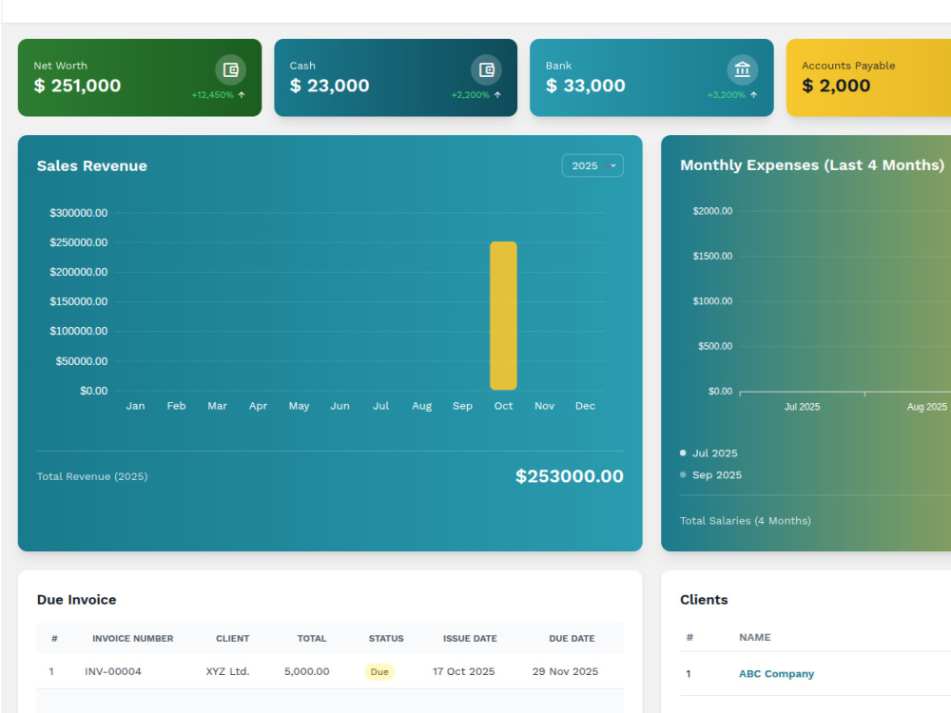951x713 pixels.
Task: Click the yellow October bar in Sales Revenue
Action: [503, 316]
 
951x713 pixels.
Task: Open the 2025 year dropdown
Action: [592, 165]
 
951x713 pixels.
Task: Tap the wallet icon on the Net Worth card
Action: [230, 69]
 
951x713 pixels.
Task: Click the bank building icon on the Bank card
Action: [743, 69]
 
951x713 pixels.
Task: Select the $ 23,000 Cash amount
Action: [329, 86]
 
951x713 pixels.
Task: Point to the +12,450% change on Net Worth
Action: [213, 95]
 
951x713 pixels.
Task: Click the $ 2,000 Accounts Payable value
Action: [836, 86]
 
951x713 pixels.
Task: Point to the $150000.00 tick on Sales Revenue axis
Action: [79, 301]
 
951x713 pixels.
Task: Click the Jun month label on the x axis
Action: [340, 406]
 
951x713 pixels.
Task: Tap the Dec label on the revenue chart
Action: [585, 406]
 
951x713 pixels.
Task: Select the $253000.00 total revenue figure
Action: [570, 476]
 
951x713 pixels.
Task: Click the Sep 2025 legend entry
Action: [710, 474]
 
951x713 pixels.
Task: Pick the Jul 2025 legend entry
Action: [709, 453]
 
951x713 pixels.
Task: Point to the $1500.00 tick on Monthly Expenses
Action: [712, 256]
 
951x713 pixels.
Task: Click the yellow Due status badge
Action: [379, 672]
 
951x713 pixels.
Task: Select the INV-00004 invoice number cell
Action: [113, 671]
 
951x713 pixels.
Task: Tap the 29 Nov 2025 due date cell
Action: [565, 671]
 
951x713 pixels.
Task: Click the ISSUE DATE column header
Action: [470, 639]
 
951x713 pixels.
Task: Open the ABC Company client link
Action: [776, 674]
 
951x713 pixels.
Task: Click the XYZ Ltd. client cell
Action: [227, 671]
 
